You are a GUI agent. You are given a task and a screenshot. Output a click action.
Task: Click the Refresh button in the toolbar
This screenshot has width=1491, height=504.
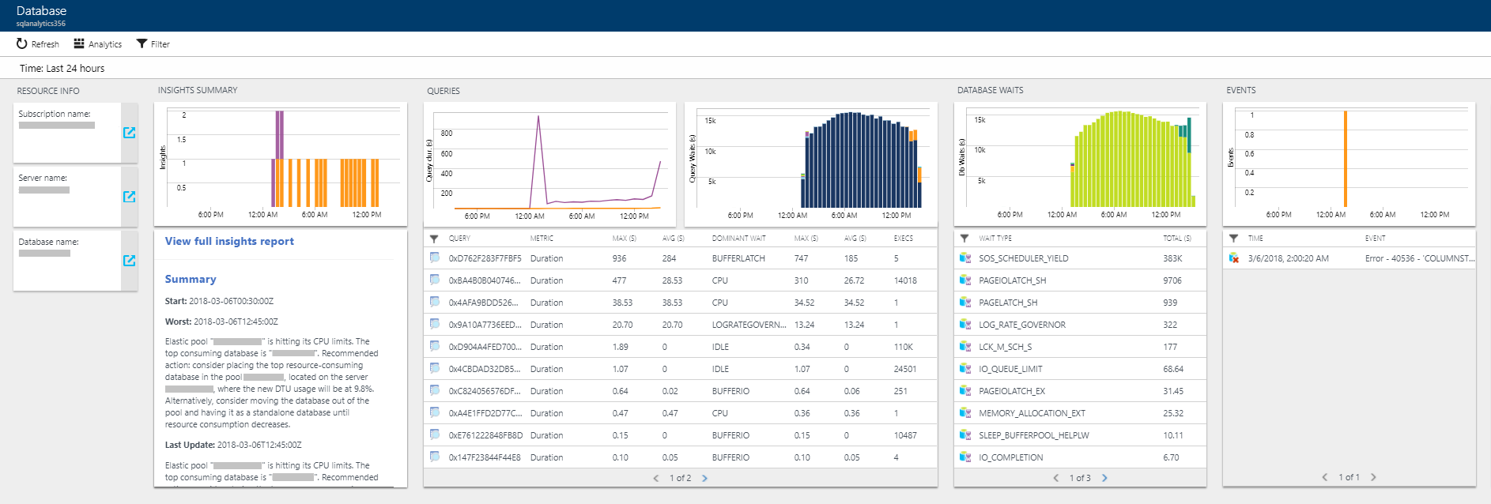click(x=37, y=44)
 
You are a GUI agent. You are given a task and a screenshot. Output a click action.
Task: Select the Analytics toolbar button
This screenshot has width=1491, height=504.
click(x=97, y=44)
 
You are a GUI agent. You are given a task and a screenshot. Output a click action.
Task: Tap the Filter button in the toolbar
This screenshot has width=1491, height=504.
click(x=153, y=44)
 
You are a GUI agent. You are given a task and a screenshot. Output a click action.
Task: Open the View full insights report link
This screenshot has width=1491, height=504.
click(x=229, y=242)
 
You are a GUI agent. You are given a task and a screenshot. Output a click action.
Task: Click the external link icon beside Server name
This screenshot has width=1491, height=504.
click(x=130, y=197)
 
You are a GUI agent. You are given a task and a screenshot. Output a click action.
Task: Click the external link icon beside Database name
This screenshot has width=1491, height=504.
click(x=130, y=261)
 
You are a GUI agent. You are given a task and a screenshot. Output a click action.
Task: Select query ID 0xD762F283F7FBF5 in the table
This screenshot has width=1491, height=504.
click(x=485, y=258)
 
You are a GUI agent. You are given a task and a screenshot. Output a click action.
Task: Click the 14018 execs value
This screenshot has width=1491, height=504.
click(x=905, y=280)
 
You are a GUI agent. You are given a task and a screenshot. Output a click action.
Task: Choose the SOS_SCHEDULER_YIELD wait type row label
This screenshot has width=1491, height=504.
click(x=1023, y=258)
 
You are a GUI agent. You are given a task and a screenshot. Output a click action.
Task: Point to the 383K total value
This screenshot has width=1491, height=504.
click(x=1172, y=258)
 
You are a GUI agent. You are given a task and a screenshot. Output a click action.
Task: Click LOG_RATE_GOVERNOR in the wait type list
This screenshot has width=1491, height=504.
click(x=1021, y=325)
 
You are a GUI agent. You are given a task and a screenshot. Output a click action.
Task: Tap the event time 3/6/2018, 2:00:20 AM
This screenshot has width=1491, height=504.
click(x=1288, y=258)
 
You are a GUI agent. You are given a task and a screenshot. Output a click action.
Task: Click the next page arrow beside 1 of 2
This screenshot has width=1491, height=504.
click(x=704, y=478)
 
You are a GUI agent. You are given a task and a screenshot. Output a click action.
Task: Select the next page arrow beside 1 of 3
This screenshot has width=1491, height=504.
click(x=1104, y=478)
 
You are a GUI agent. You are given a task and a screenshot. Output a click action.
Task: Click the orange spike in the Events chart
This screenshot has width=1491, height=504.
click(x=1345, y=158)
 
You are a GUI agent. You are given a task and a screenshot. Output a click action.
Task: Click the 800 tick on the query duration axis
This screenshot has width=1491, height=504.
click(x=447, y=134)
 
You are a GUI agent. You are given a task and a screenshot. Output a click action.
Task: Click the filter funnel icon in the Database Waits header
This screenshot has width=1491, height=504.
click(x=964, y=238)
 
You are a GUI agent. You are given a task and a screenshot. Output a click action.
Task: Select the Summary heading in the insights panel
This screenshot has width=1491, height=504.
click(x=191, y=280)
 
